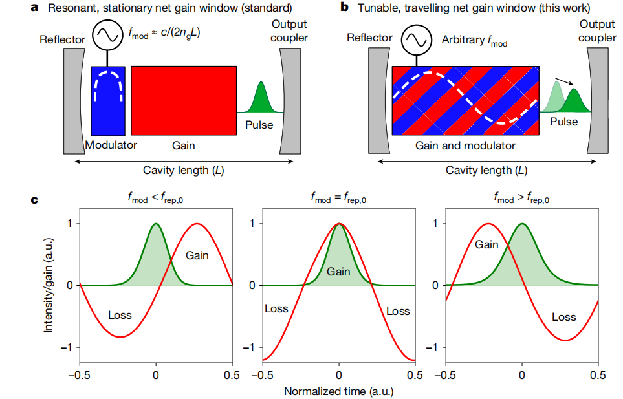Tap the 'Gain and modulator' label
click(465, 146)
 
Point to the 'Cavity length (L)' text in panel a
click(184, 171)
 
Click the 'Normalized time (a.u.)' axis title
click(338, 391)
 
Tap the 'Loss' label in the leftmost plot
click(120, 315)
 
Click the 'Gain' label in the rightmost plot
click(486, 244)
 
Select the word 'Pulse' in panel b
click(564, 122)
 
